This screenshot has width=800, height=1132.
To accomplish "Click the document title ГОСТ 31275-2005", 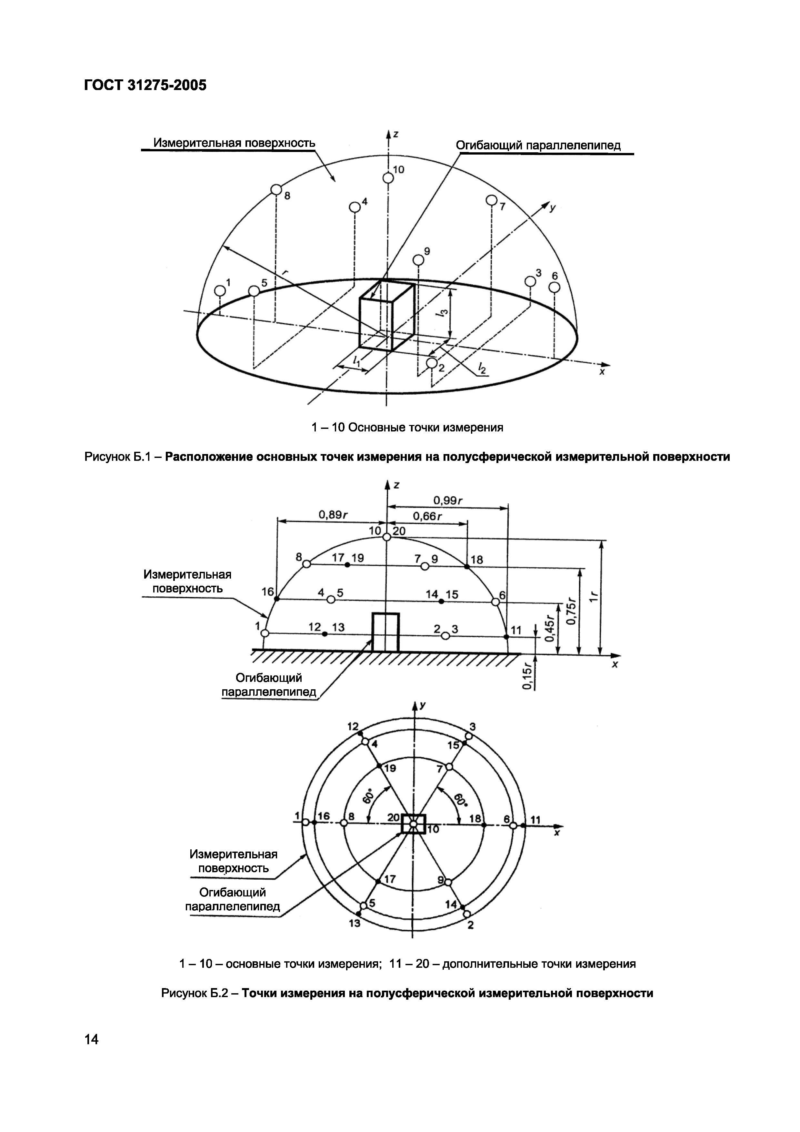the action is (x=145, y=85).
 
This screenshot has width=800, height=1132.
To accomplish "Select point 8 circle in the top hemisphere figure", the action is (x=276, y=189).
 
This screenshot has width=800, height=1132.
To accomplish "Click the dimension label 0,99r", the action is (x=447, y=501).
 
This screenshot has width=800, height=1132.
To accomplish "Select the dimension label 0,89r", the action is (x=333, y=515).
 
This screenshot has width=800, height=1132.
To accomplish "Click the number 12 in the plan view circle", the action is (x=353, y=726).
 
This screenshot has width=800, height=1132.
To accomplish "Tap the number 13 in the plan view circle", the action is (x=355, y=924).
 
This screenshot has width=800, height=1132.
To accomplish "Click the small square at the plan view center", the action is (x=413, y=824).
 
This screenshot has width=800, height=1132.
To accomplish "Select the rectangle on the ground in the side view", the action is (x=385, y=632).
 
